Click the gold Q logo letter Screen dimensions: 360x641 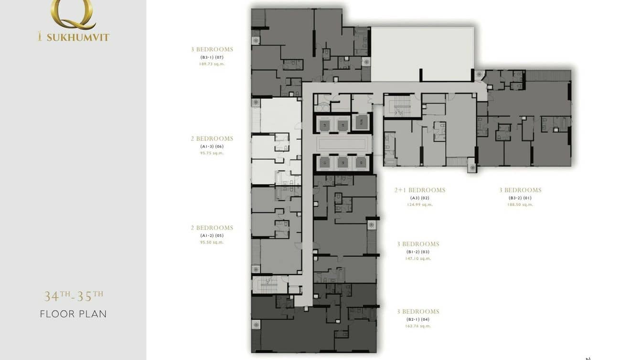[73, 13]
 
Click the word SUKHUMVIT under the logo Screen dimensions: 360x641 [78, 37]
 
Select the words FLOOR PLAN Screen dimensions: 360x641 [74, 314]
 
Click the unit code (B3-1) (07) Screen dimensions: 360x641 [212, 57]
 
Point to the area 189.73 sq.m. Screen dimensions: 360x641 [212, 64]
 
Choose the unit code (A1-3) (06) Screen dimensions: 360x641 [212, 147]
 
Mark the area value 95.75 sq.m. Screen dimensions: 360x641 [212, 153]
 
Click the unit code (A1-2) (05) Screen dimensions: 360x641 [212, 235]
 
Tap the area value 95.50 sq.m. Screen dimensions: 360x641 [212, 242]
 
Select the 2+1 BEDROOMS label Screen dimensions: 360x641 [420, 190]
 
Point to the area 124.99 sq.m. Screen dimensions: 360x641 [420, 204]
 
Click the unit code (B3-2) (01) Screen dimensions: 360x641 [520, 198]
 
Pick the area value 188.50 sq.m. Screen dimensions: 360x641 [520, 204]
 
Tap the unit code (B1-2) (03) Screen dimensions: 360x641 [418, 252]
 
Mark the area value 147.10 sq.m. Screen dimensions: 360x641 [418, 258]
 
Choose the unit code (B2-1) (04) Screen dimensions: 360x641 [418, 319]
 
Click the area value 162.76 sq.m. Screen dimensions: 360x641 [418, 326]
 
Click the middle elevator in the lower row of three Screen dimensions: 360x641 [342, 162]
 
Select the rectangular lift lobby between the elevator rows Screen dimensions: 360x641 [342, 144]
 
